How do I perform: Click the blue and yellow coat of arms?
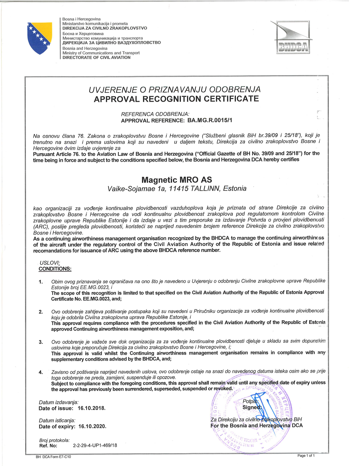click(x=40, y=38)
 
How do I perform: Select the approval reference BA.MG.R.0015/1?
click(x=210, y=120)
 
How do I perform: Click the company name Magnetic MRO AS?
click(x=177, y=180)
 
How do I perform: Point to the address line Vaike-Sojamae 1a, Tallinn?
click(x=177, y=189)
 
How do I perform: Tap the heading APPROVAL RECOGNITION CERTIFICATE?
click(x=176, y=99)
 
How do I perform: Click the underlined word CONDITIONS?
click(x=55, y=269)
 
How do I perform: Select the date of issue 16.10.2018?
click(x=91, y=408)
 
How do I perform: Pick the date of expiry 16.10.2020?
click(x=92, y=426)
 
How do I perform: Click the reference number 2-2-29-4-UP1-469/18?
click(x=95, y=446)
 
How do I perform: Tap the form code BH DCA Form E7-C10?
click(x=53, y=457)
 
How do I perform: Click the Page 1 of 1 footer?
click(x=306, y=456)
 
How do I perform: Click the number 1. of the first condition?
click(x=41, y=282)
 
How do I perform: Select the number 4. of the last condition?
click(x=41, y=372)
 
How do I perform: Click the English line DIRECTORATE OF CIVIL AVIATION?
click(x=96, y=57)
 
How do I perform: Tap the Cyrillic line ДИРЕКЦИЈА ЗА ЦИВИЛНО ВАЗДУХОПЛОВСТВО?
click(x=111, y=43)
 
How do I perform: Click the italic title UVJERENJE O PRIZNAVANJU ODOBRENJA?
click(x=175, y=90)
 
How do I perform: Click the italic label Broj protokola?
click(x=54, y=440)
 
